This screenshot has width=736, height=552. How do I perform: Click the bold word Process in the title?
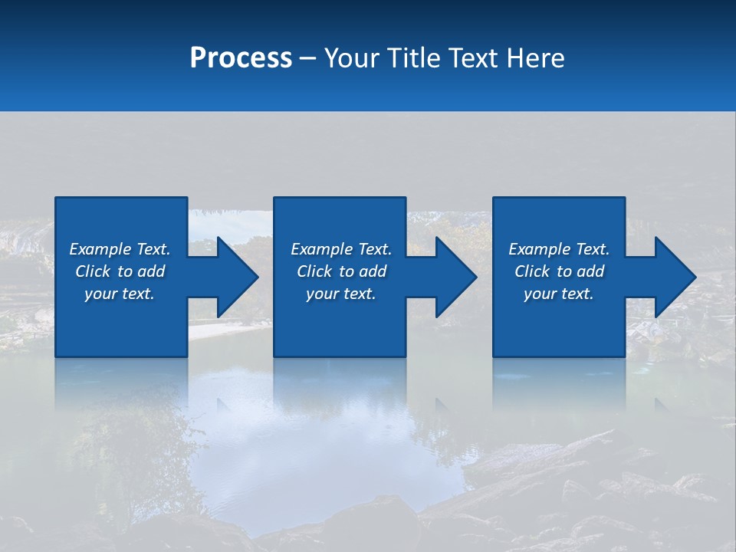[241, 58]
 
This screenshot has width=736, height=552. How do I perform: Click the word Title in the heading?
[412, 58]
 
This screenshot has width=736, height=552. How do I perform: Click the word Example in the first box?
[100, 249]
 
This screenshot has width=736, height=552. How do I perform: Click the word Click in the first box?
[93, 271]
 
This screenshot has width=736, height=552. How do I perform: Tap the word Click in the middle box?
[314, 271]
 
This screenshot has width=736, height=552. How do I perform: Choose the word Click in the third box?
[532, 271]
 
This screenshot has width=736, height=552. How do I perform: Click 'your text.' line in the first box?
[120, 294]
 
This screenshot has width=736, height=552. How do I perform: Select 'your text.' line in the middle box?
[341, 294]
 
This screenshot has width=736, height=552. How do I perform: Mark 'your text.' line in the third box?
[559, 294]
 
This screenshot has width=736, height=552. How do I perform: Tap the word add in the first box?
[152, 271]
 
